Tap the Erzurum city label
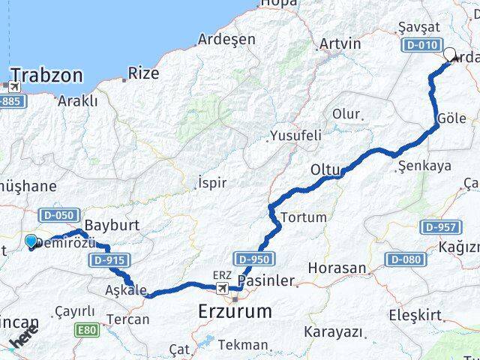point(235,310)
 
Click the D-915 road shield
point(109,260)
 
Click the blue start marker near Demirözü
point(31,241)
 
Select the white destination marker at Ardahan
point(451,54)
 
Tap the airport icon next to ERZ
point(222,288)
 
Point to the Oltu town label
point(325,171)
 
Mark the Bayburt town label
point(108,225)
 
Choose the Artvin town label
point(340,43)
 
